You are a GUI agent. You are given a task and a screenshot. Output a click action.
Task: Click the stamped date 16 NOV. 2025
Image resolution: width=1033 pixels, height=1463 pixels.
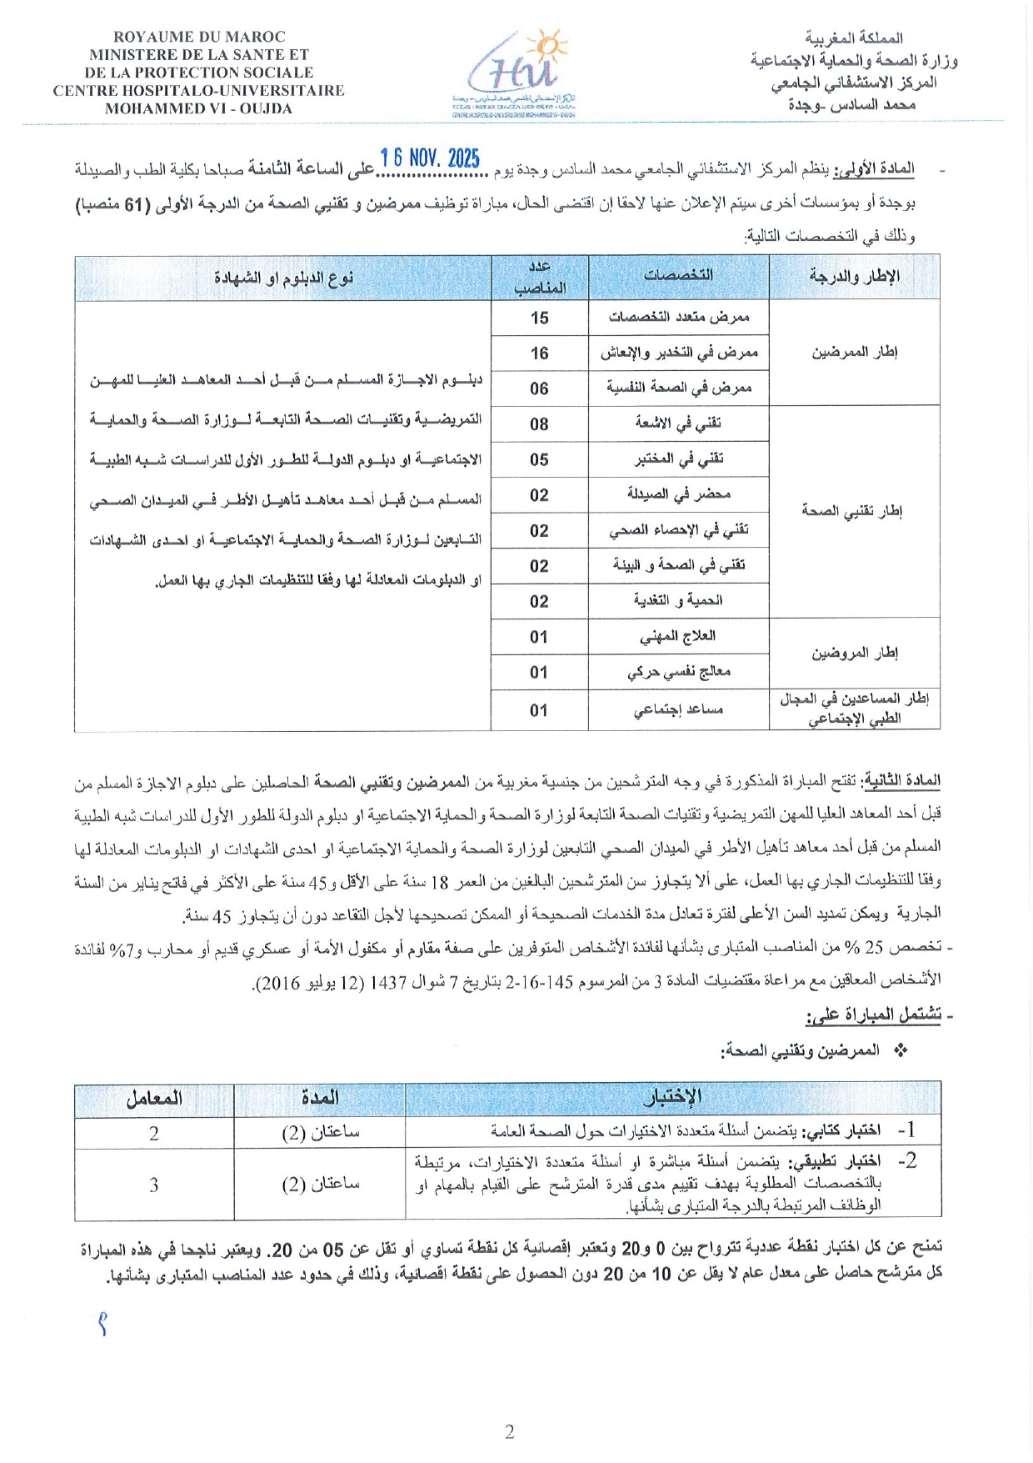click(x=430, y=158)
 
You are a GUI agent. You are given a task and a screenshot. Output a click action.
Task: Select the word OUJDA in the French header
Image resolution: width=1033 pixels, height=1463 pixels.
click(x=267, y=108)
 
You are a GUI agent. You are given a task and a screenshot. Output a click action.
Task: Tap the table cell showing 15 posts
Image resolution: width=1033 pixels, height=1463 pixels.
click(x=539, y=318)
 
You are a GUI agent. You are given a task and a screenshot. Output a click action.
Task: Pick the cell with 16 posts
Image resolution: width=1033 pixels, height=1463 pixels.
click(x=539, y=353)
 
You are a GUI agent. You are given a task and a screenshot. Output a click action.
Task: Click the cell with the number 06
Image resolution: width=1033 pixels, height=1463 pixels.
click(x=539, y=388)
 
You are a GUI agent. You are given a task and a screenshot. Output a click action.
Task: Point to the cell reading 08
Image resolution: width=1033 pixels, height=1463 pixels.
click(x=539, y=424)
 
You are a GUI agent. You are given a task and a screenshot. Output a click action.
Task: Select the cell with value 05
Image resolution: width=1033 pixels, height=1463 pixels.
click(x=539, y=459)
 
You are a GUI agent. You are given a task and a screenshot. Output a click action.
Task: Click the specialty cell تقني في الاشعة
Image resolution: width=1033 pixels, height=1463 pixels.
click(x=678, y=423)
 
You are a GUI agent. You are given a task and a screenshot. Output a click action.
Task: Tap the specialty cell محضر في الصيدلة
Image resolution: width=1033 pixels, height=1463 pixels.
click(x=678, y=494)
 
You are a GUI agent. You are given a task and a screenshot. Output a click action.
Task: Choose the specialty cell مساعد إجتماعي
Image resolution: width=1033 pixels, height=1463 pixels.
click(x=678, y=709)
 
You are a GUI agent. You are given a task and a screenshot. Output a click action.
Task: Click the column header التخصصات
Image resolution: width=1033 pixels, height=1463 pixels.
click(x=678, y=275)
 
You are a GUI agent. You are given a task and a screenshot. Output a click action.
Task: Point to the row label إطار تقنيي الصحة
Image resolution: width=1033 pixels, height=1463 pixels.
click(x=853, y=511)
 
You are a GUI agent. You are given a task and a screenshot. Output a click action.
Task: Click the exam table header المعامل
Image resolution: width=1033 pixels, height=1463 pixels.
click(x=154, y=1099)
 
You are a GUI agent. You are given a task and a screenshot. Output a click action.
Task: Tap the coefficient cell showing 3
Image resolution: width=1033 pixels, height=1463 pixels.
click(x=154, y=1185)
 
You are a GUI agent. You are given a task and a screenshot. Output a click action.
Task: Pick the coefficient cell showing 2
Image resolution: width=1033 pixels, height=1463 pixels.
click(x=154, y=1133)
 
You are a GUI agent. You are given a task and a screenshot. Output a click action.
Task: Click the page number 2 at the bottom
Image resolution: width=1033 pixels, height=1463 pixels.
click(x=510, y=1432)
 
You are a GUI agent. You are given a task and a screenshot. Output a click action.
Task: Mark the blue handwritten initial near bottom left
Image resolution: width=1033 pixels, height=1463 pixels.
click(x=102, y=1324)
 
